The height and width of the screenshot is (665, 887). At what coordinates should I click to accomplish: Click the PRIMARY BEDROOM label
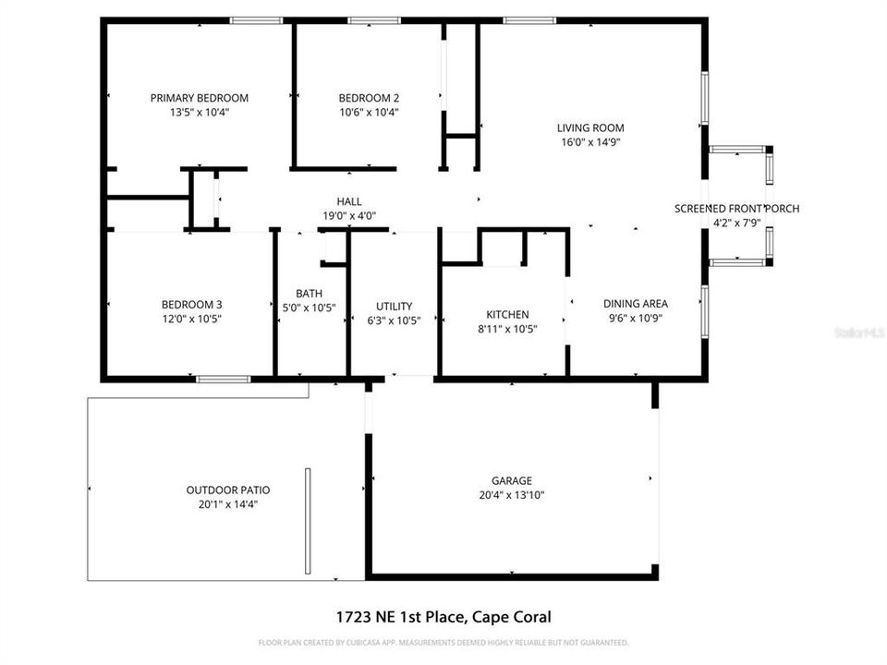pyautogui.click(x=200, y=98)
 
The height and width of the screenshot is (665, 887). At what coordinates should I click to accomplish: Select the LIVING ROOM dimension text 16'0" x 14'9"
pyautogui.click(x=589, y=142)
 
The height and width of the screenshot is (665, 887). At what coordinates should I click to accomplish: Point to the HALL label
pyautogui.click(x=348, y=201)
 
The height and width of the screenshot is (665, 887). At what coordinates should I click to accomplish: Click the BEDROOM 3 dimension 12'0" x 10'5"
pyautogui.click(x=191, y=319)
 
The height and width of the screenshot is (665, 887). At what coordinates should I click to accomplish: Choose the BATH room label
pyautogui.click(x=309, y=294)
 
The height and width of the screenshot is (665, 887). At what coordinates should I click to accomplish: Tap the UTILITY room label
pyautogui.click(x=394, y=307)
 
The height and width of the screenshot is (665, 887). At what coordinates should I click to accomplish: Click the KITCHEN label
pyautogui.click(x=507, y=314)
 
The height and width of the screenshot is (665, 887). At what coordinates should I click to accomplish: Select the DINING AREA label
pyautogui.click(x=635, y=303)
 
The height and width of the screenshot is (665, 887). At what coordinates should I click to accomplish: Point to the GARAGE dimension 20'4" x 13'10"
pyautogui.click(x=511, y=495)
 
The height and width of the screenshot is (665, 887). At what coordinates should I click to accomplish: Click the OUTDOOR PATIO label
pyautogui.click(x=228, y=490)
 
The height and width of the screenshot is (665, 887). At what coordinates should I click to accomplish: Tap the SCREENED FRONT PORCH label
pyautogui.click(x=736, y=209)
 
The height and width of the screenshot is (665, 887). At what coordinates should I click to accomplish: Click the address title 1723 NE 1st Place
pyautogui.click(x=444, y=617)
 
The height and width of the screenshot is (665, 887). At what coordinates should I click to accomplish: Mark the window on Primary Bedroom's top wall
pyautogui.click(x=256, y=20)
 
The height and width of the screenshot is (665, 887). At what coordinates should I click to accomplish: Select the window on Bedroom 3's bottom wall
pyautogui.click(x=223, y=379)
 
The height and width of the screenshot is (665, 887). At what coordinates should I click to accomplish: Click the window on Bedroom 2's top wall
pyautogui.click(x=368, y=20)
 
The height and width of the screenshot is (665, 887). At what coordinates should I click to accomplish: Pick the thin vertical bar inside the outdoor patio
pyautogui.click(x=308, y=521)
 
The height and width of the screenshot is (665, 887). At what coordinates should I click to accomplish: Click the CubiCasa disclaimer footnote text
pyautogui.click(x=443, y=642)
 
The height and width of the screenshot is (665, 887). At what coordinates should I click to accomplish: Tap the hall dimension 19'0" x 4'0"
pyautogui.click(x=348, y=215)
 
